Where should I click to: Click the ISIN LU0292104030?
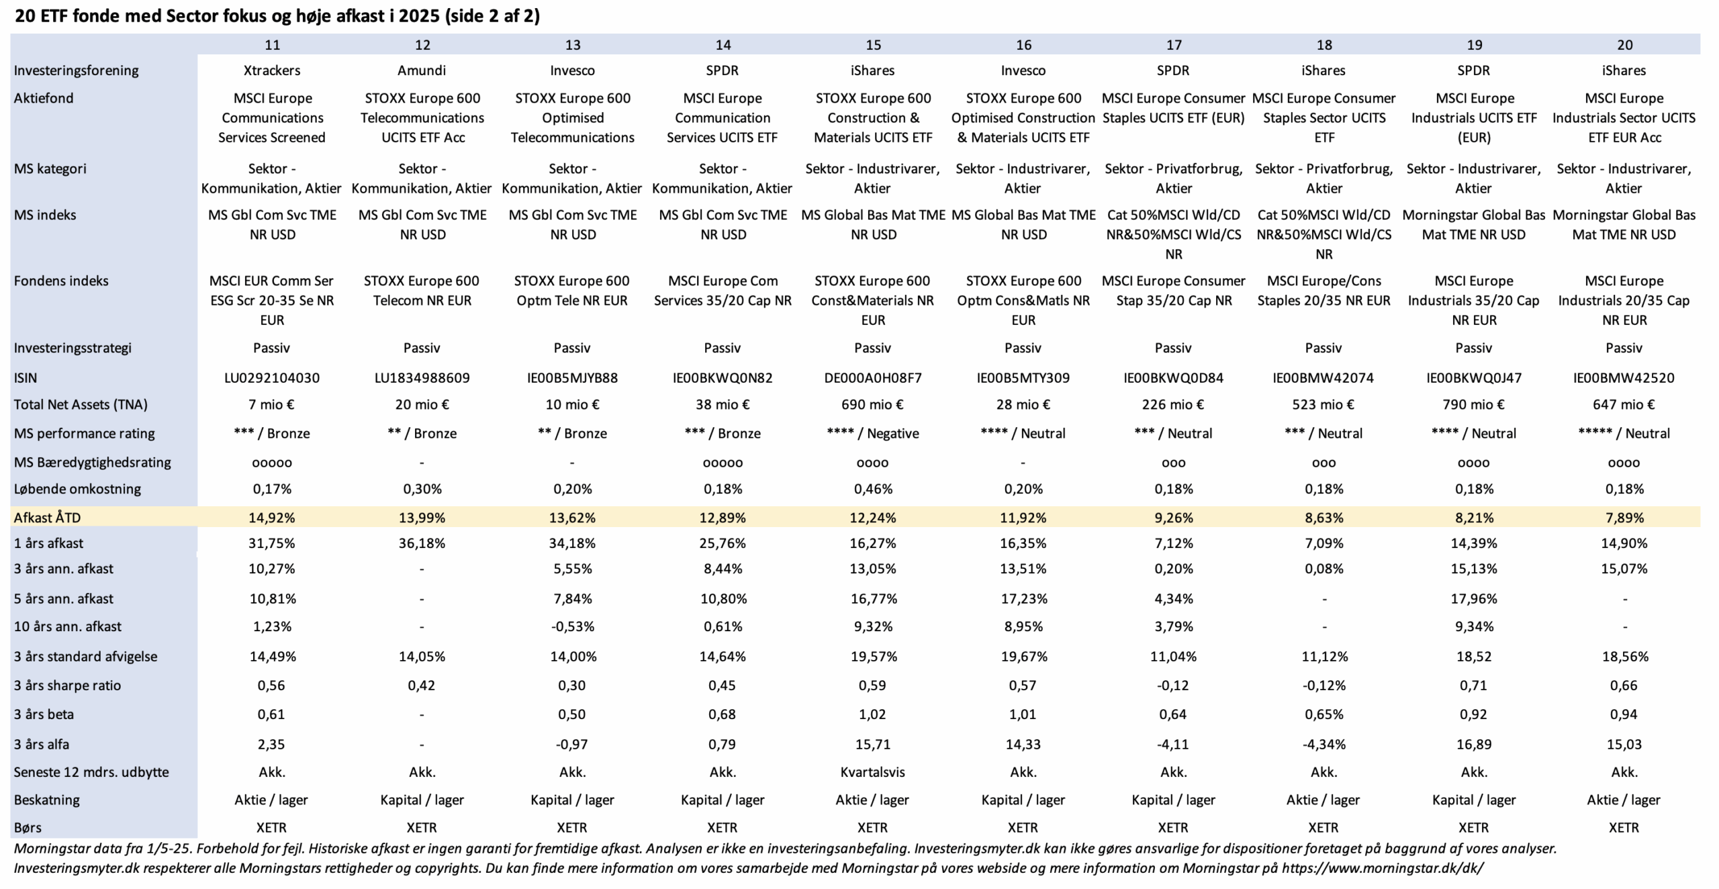272,377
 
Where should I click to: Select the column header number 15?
873,45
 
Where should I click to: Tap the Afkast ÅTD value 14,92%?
272,518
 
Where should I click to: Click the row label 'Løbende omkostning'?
77,489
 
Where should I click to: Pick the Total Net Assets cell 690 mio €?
872,404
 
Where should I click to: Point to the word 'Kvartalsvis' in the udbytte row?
872,772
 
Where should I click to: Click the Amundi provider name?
422,71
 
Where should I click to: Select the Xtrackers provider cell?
272,71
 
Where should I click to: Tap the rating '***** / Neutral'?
1624,433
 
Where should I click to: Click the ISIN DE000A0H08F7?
872,377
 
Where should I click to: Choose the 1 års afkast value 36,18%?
422,543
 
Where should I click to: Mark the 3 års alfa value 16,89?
1473,744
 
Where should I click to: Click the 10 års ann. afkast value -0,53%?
572,626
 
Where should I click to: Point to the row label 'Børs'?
28,827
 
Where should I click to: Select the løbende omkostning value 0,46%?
872,489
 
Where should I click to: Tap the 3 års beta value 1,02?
872,714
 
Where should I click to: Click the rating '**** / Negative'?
872,433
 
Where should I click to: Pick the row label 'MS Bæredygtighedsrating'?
93,462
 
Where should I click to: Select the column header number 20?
1624,45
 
